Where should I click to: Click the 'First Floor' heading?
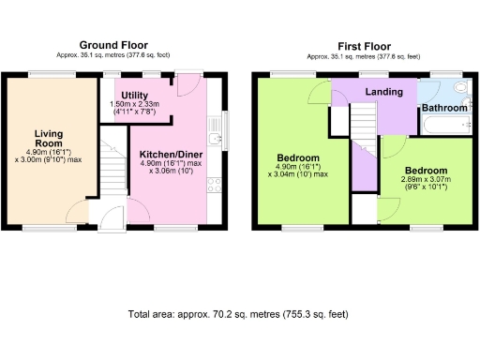(x=359, y=45)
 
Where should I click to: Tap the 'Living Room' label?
(x=49, y=140)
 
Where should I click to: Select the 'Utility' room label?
(x=135, y=95)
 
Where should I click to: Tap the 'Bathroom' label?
(x=444, y=108)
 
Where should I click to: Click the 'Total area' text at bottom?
(x=239, y=315)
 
